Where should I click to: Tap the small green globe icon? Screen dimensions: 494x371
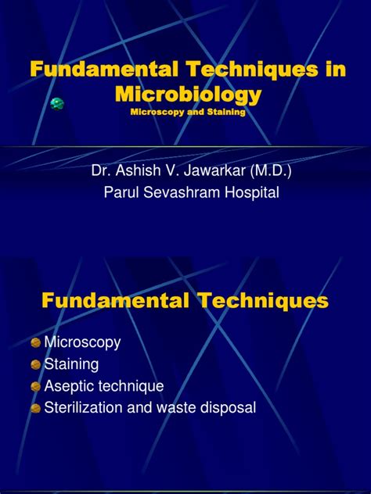click(56, 103)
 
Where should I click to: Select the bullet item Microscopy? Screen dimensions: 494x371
click(83, 342)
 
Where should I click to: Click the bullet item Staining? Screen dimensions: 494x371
click(71, 363)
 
